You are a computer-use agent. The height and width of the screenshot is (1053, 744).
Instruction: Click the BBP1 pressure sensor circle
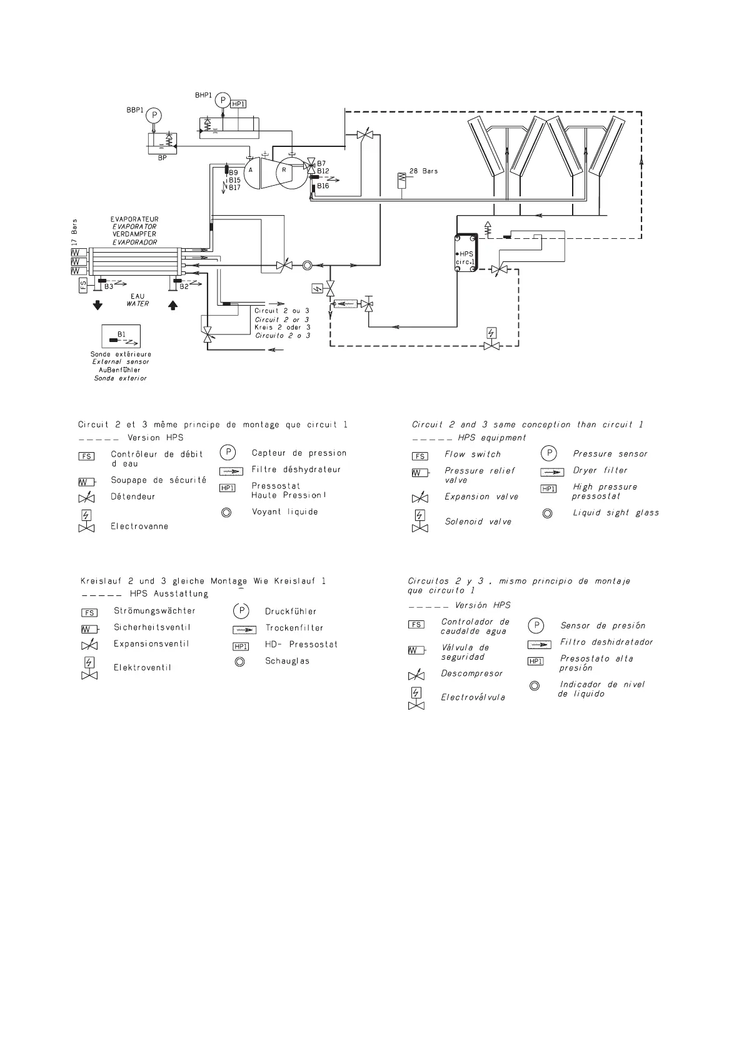coord(154,115)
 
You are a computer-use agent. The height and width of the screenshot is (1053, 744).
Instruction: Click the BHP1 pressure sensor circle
coord(223,100)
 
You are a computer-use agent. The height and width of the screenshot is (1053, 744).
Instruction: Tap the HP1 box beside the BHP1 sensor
coord(238,104)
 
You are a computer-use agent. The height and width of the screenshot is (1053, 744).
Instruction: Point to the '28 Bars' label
coord(423,171)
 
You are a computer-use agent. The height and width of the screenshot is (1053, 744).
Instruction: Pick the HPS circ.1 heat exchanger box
coord(466,253)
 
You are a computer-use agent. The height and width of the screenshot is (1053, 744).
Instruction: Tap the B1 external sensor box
coord(121,336)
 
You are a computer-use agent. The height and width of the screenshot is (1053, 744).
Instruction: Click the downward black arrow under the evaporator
coord(98,306)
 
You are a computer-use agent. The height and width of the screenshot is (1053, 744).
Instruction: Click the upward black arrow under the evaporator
coord(173,306)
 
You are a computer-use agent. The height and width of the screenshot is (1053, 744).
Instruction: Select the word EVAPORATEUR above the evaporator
coord(134,219)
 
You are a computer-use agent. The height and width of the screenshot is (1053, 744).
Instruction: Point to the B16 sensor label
coord(323,186)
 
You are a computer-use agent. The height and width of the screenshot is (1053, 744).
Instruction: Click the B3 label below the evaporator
coord(109,286)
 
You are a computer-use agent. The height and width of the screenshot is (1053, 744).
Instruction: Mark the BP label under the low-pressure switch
coord(162,158)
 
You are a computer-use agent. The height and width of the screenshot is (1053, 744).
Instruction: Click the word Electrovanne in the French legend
coord(139,526)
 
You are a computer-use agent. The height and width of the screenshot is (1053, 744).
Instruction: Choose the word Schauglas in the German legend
coord(287,661)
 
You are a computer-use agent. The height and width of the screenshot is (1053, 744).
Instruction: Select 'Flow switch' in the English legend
coord(473,455)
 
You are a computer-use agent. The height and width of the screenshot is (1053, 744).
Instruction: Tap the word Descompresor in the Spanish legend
coord(471,673)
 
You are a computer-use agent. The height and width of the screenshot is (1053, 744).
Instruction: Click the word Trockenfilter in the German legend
coord(294,628)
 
